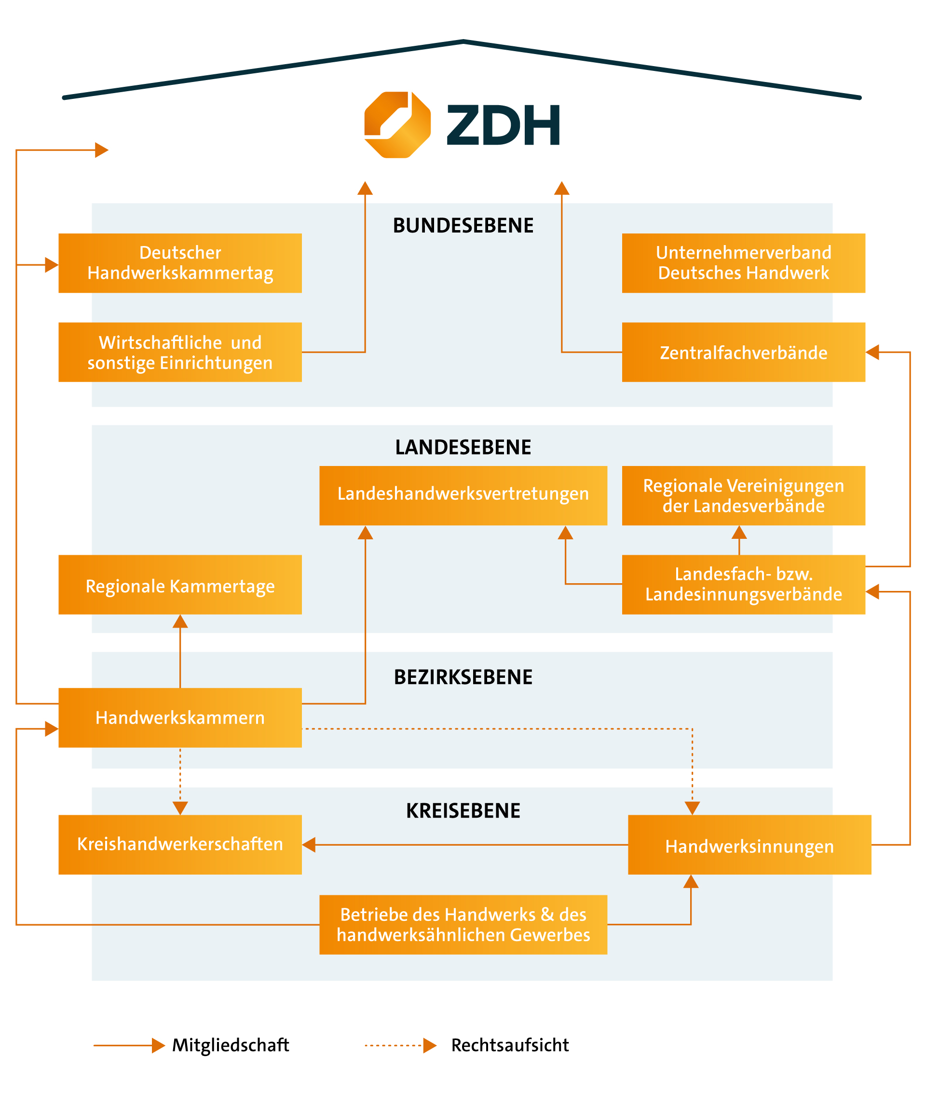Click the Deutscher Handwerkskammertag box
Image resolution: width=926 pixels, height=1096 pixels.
[x=180, y=263]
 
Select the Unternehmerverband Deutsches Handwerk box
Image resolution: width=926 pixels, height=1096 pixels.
[x=743, y=263]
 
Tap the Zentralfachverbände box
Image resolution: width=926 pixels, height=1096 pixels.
[x=743, y=352]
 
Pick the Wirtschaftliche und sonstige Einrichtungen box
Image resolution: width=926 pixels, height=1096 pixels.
[x=180, y=352]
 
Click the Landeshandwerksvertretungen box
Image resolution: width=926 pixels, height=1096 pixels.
[x=463, y=495]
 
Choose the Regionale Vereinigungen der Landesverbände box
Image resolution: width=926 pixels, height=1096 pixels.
[x=743, y=495]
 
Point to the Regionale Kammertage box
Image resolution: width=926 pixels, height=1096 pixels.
[x=180, y=585]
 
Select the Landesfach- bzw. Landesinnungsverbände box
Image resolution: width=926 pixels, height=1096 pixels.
[x=743, y=585]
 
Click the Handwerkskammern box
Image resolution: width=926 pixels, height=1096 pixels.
[x=180, y=717]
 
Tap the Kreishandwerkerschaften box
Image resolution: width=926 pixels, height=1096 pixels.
[x=180, y=845]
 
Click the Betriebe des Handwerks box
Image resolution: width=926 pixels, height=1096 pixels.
[x=463, y=925]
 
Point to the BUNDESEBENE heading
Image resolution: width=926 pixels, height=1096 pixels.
[x=463, y=226]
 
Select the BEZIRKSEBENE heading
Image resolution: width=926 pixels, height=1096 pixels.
[x=463, y=677]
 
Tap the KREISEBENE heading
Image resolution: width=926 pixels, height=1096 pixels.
[x=463, y=811]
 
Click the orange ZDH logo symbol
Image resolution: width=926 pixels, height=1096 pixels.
[x=397, y=125]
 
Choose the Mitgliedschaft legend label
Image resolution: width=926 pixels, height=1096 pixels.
[x=231, y=1045]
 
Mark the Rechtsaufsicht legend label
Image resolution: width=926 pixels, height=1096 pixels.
[x=510, y=1045]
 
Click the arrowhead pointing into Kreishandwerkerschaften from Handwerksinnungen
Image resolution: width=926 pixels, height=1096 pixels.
[x=309, y=845]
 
